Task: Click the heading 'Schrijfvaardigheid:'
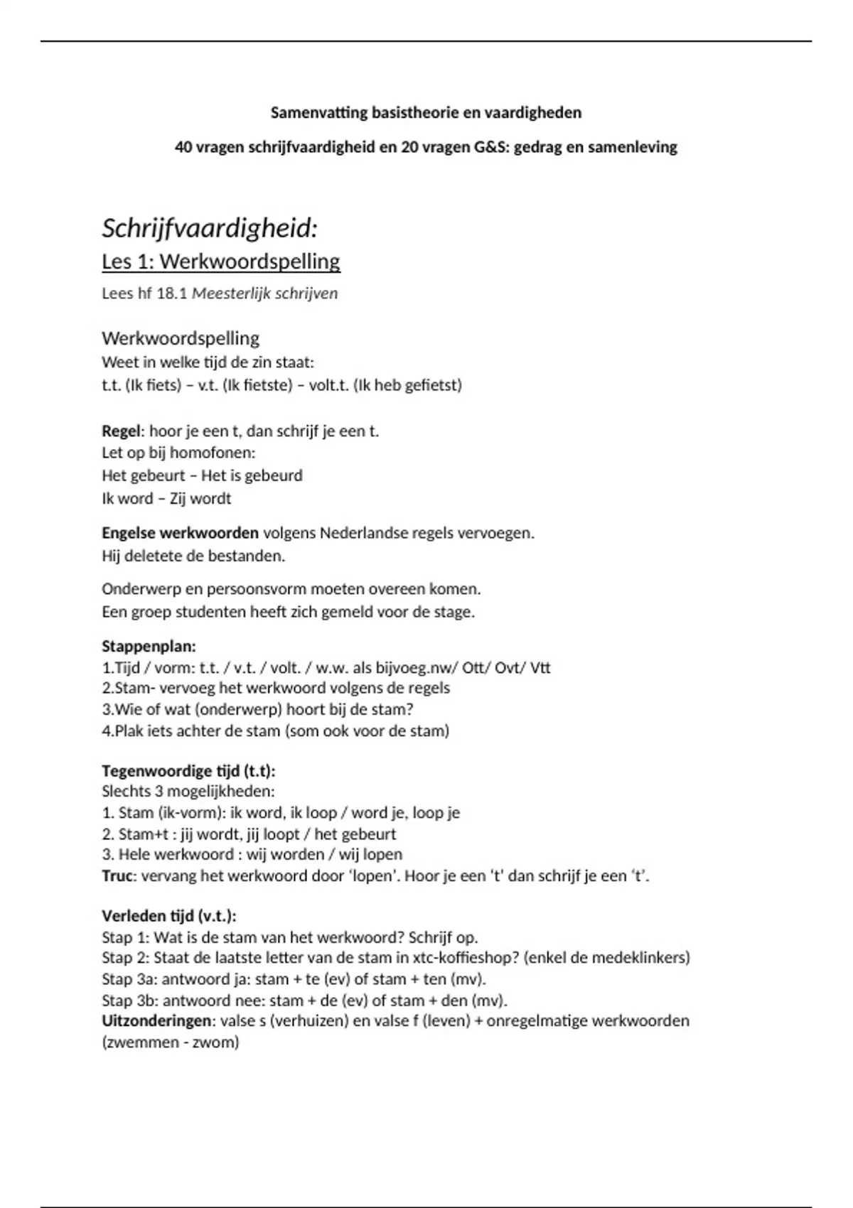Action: point(210,229)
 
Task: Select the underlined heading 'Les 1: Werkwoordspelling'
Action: point(221,261)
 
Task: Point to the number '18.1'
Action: point(171,293)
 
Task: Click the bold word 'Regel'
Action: point(122,431)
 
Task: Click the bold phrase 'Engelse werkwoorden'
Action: point(180,533)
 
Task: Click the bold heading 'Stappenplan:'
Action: point(149,647)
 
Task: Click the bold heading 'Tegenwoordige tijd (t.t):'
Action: point(188,771)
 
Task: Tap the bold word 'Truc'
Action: point(117,876)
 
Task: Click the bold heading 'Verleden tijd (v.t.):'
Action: point(169,916)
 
